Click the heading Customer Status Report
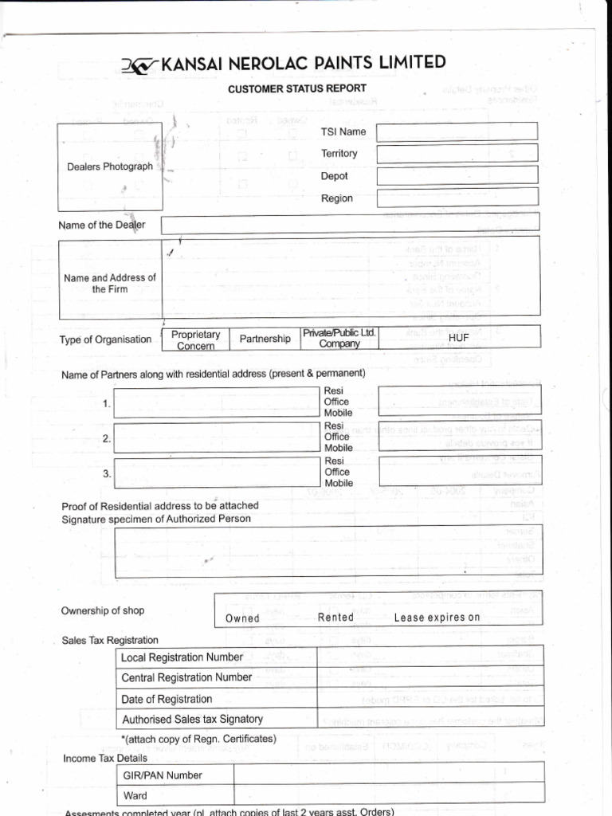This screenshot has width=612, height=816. pyautogui.click(x=297, y=88)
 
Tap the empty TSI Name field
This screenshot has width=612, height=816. pyautogui.click(x=457, y=131)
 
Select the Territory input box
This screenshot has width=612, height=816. pyautogui.click(x=457, y=153)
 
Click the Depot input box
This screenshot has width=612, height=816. pyautogui.click(x=457, y=175)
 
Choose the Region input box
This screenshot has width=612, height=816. pyautogui.click(x=457, y=197)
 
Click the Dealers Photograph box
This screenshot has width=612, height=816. pyautogui.click(x=110, y=167)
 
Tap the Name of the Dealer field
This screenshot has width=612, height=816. pyautogui.click(x=350, y=224)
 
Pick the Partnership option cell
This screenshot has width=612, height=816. pyautogui.click(x=265, y=339)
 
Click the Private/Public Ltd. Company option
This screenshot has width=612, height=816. pyautogui.click(x=339, y=338)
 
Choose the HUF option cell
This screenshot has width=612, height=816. pyautogui.click(x=459, y=338)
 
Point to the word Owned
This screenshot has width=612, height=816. pyautogui.click(x=242, y=618)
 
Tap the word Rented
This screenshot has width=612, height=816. pyautogui.click(x=335, y=618)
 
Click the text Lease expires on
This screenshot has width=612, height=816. pyautogui.click(x=437, y=618)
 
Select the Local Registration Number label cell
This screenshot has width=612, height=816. pyautogui.click(x=216, y=657)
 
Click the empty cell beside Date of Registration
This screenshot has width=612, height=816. pyautogui.click(x=430, y=699)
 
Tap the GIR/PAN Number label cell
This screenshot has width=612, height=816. pyautogui.click(x=175, y=775)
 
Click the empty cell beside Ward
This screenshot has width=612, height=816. pyautogui.click(x=388, y=794)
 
